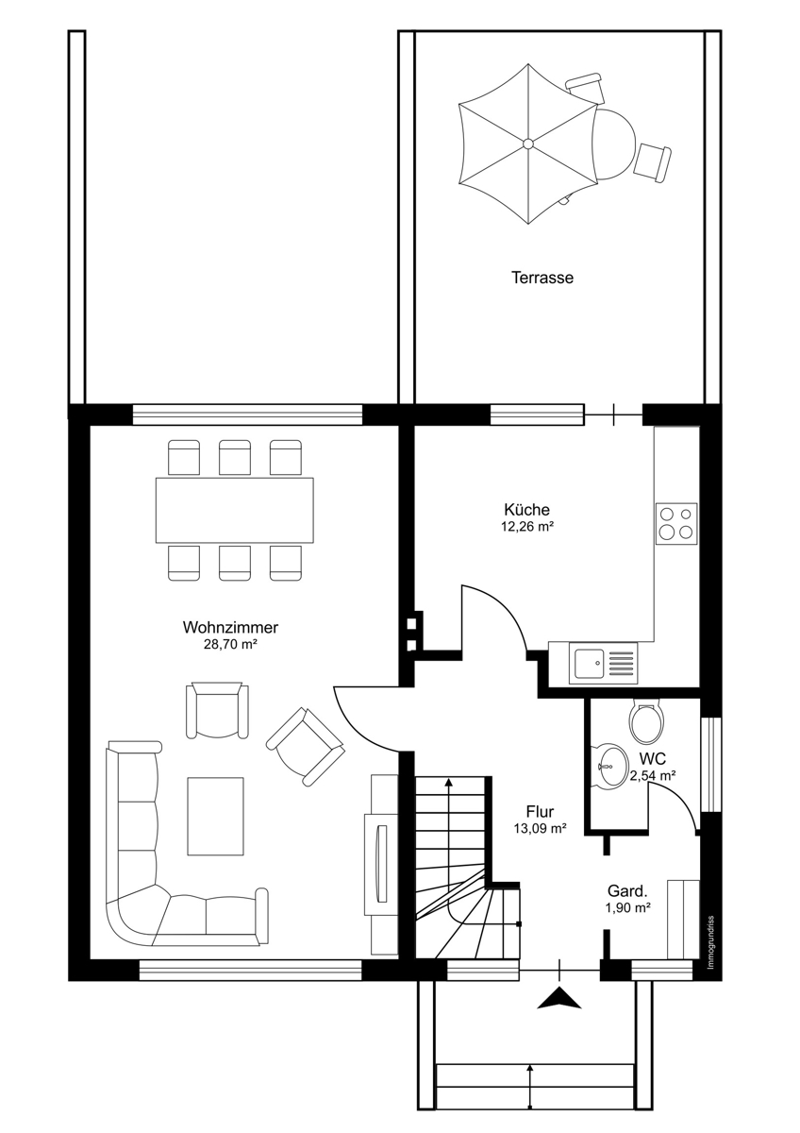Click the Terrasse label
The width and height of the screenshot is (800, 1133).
542,278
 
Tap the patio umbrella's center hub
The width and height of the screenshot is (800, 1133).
528,144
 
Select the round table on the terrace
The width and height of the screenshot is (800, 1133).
612,144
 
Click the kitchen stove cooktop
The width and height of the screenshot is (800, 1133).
676,523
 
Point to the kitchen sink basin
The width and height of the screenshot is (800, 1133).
590,662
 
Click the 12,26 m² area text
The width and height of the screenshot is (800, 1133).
526,527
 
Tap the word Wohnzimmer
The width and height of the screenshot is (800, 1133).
230,628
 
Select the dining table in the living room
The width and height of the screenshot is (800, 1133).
235,511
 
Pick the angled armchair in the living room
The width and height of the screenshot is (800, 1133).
306,746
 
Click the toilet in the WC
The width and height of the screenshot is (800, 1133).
646,721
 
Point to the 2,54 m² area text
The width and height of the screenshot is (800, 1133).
653,775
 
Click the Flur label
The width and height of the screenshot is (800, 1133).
540,812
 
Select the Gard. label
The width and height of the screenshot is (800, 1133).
627,890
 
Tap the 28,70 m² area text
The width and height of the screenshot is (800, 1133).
230,645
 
